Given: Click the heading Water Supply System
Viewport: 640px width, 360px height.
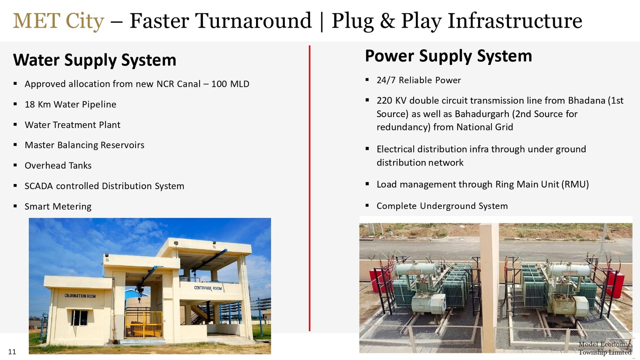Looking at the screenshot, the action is pos(94,60).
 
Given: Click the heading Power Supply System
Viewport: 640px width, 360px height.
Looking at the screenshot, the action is pos(448,56).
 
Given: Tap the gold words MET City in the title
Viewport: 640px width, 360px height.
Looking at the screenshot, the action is pos(58,21).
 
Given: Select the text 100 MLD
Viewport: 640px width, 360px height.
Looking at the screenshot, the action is pos(230,84).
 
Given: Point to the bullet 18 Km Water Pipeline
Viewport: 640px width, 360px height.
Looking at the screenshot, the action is pos(70,104).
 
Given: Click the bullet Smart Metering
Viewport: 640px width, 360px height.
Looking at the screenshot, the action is pos(58,206).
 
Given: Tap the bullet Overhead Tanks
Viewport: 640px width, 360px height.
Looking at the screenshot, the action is pos(58,166).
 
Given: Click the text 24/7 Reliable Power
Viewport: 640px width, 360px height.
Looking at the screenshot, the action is pos(418,80).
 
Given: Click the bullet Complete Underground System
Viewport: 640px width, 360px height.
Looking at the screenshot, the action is pos(442,206).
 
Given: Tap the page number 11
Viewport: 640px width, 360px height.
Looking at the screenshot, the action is pos(12,352).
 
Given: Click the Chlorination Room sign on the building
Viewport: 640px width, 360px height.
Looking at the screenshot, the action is pos(80,296).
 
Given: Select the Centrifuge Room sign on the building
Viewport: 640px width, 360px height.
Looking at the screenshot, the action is pos(208,288).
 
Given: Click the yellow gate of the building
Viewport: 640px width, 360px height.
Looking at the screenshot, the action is pos(144,324).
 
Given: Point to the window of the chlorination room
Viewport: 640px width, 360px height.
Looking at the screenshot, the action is pos(80,318).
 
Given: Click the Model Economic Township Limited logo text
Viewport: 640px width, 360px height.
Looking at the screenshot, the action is pos(605,348).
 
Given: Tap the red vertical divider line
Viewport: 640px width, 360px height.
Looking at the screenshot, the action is pos(310,188).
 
